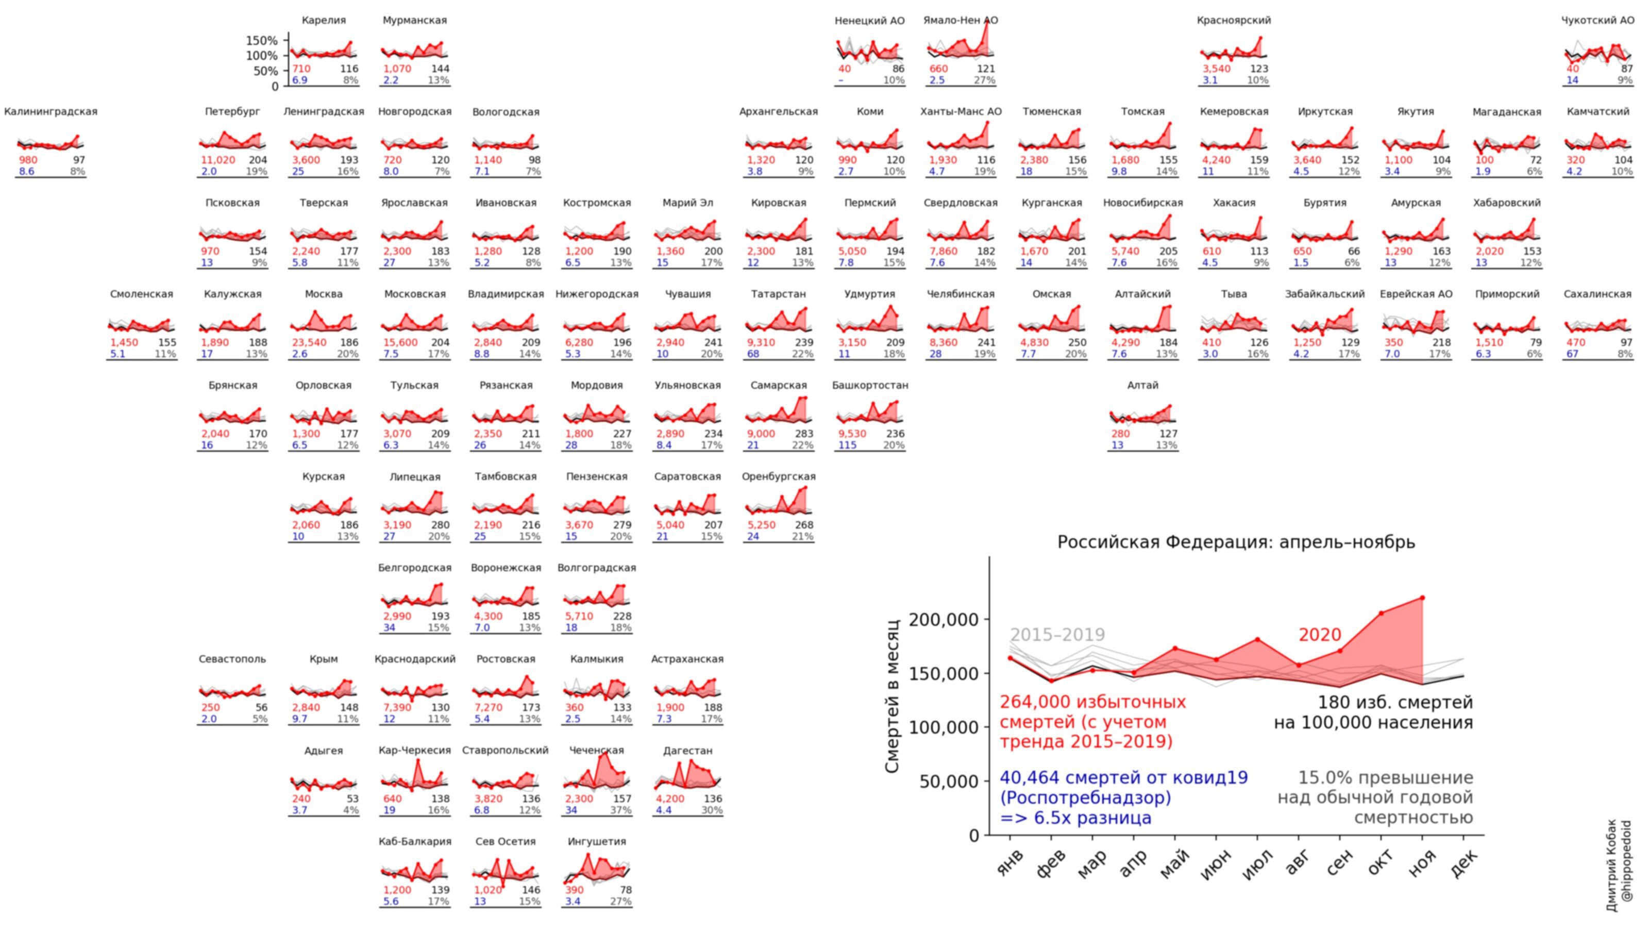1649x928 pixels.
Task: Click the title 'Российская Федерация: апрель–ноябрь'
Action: tap(1236, 542)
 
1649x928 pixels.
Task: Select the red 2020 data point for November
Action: tap(1422, 598)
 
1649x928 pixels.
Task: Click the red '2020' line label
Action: tap(1319, 635)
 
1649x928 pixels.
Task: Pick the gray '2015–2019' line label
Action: tap(1057, 635)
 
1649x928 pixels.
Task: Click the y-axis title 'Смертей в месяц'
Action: tap(893, 695)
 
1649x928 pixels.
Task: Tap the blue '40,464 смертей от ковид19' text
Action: tap(1123, 777)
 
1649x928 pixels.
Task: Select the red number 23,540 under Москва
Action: tap(309, 343)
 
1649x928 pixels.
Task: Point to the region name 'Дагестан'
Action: tap(687, 750)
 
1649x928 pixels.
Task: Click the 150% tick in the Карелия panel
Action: tap(262, 40)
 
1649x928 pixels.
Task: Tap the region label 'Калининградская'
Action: tap(51, 111)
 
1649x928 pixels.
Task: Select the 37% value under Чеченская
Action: tap(620, 810)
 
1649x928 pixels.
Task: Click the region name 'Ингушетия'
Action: tap(597, 841)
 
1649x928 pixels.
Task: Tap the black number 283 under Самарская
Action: tap(803, 434)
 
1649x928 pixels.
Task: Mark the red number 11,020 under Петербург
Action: tap(218, 160)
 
